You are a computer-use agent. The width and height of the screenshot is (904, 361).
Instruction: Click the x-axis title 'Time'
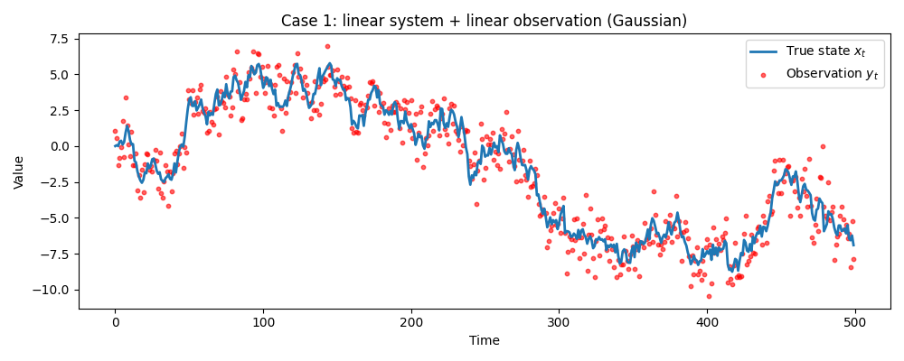point(484,341)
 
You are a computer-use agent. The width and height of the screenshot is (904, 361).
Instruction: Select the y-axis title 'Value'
point(19,171)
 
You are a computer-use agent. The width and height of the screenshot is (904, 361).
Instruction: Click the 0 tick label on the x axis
point(115,322)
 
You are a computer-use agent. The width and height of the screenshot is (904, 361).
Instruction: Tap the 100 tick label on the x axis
point(263,322)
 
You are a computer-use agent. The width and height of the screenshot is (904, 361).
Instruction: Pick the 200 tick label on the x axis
point(411,322)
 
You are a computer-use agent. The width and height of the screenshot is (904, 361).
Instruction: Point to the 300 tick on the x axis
point(559,322)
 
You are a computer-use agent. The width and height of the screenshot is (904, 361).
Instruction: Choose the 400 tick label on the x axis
point(707,322)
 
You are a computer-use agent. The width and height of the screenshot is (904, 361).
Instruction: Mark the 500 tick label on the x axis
point(855,322)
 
